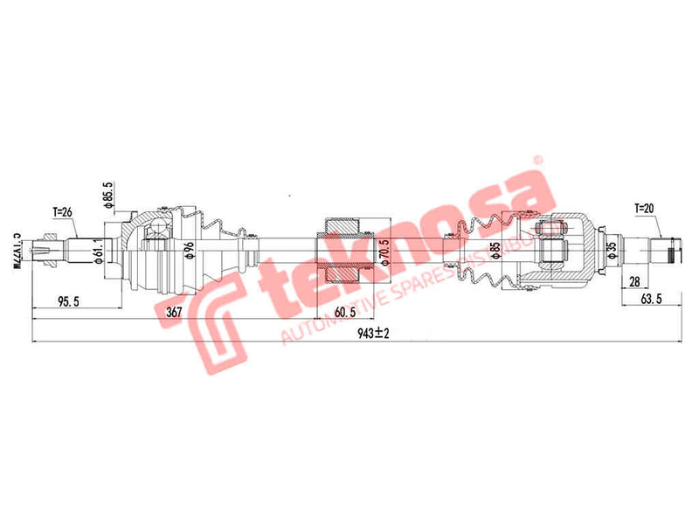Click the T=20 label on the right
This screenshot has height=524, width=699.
[642, 209]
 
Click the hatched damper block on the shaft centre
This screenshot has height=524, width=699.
[341, 252]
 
